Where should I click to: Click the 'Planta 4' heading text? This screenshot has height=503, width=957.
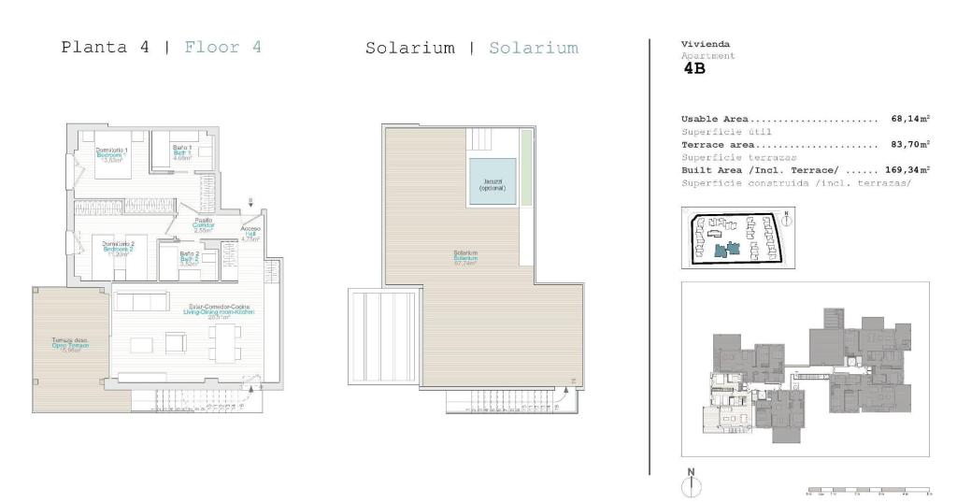pos(105,47)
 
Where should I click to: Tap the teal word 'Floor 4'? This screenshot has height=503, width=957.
pos(222,47)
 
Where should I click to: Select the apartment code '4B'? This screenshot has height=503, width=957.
pos(695,67)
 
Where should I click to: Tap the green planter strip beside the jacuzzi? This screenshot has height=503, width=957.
pos(526,167)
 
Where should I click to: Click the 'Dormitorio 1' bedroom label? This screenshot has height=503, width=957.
pos(112,153)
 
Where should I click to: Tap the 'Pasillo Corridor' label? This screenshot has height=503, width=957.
pos(204,224)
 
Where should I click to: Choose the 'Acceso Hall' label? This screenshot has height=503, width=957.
pos(250,234)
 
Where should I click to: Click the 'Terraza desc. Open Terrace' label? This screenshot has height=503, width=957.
pos(69,345)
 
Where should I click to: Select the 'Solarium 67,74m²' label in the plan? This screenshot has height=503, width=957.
pos(465,257)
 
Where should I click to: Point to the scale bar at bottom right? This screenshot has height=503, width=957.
pos(868,490)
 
